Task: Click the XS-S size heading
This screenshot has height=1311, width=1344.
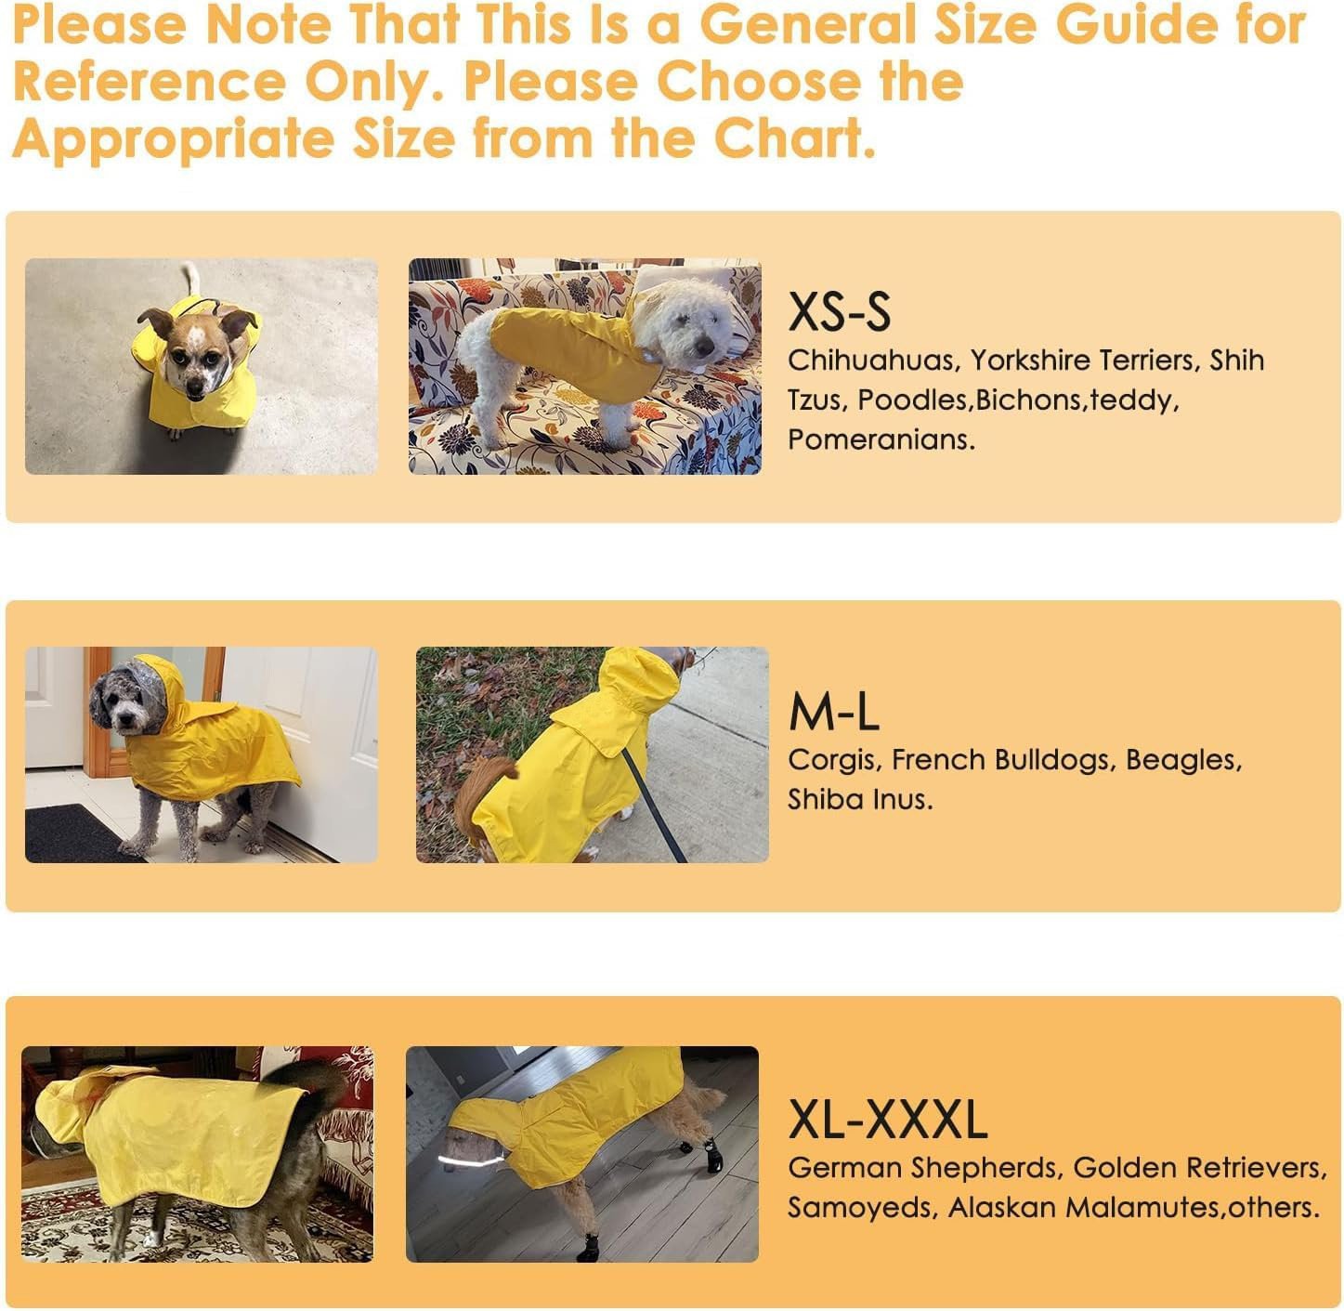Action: coord(839,312)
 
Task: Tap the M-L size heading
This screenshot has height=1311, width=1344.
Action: coord(833,713)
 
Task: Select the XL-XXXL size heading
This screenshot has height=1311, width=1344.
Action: coord(887,1120)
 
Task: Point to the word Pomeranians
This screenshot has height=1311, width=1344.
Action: coord(881,439)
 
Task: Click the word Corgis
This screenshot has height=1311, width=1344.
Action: coord(832,761)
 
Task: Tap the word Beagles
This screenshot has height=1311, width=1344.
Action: coord(1182,760)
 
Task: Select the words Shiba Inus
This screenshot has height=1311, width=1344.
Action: coord(859,799)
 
